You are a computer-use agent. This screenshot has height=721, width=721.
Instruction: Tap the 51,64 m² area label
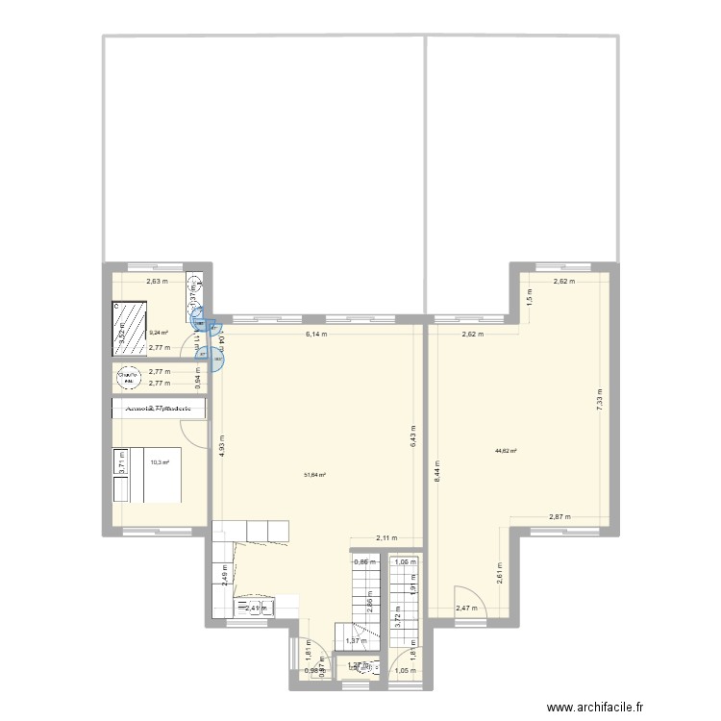pyautogui.click(x=314, y=475)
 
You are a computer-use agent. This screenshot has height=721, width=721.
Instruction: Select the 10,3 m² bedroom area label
pyautogui.click(x=160, y=462)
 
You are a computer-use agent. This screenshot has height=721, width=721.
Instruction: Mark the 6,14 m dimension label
pyautogui.click(x=316, y=335)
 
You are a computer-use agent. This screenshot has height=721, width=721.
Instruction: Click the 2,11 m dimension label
pyautogui.click(x=387, y=539)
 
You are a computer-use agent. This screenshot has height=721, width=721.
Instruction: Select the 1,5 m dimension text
pyautogui.click(x=530, y=297)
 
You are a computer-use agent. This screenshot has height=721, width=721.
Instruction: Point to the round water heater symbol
pyautogui.click(x=128, y=378)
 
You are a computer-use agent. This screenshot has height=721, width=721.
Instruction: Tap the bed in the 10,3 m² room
pyautogui.click(x=144, y=476)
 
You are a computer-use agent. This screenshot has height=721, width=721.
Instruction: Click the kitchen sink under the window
pyautogui.click(x=257, y=608)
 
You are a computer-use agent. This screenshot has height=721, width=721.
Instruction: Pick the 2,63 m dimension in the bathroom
pyautogui.click(x=158, y=283)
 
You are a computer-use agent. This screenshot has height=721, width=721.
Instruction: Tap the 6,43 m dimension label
pyautogui.click(x=411, y=441)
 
